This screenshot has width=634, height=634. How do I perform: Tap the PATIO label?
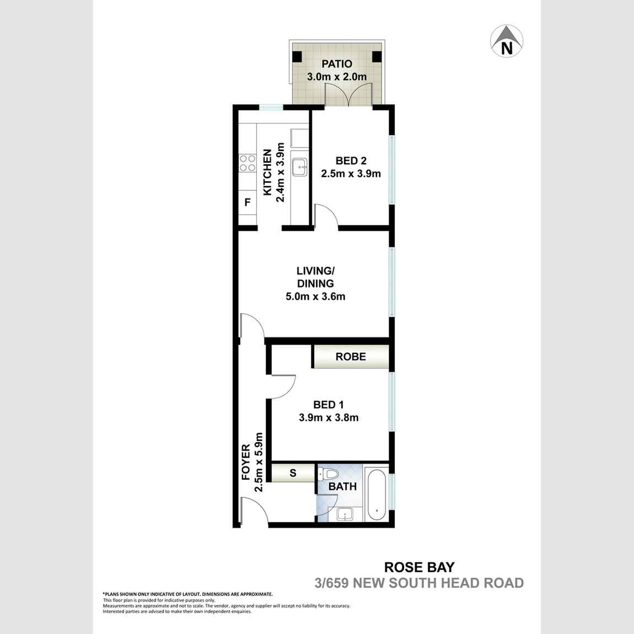[x=337, y=64]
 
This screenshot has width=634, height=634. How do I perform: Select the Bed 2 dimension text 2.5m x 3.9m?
[x=351, y=174]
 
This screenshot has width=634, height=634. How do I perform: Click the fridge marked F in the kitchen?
[x=248, y=202]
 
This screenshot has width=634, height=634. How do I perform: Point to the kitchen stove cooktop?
[x=248, y=163]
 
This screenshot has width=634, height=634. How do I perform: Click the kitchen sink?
[x=300, y=165]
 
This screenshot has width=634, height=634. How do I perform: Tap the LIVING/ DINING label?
[x=315, y=277]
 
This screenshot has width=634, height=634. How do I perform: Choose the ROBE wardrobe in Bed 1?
[x=351, y=357]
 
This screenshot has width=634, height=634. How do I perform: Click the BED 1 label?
[x=329, y=405]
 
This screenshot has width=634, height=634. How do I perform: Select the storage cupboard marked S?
[x=293, y=472]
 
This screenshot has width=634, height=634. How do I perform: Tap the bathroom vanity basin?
[x=345, y=515]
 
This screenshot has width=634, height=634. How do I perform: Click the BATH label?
[x=342, y=487]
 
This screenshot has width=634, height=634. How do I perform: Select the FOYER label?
[x=246, y=462]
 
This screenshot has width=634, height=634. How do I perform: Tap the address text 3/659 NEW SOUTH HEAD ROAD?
[x=418, y=583]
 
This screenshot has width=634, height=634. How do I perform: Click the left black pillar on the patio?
[x=297, y=56]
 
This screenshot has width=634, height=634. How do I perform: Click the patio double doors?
[x=348, y=95]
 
